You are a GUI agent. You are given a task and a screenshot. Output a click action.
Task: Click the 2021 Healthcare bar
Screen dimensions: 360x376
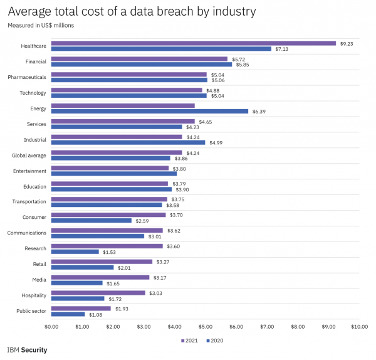[193, 43]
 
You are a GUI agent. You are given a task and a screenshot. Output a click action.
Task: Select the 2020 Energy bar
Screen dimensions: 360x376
[150, 111]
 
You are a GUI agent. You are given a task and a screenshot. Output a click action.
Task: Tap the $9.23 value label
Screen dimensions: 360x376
[347, 43]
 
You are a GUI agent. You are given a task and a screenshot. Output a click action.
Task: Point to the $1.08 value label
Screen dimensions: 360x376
[96, 314]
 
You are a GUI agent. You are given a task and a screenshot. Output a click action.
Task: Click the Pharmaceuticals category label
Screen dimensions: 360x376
[27, 77]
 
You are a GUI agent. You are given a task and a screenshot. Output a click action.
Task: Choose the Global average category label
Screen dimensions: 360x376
[29, 155]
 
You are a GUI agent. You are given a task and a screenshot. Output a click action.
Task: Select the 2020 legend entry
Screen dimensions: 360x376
[214, 341]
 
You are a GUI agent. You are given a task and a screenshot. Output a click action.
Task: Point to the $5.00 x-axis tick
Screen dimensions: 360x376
[206, 327]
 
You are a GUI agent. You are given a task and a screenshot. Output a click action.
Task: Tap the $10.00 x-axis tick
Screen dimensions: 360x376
[359, 327]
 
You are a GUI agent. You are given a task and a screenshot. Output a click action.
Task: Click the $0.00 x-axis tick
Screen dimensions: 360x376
[51, 327]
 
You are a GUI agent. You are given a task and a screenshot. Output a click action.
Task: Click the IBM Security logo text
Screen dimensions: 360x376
[27, 350]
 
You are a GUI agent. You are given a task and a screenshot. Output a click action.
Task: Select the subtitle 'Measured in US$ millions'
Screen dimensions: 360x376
[41, 25]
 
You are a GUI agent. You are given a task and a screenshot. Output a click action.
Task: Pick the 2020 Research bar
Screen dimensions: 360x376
[75, 252]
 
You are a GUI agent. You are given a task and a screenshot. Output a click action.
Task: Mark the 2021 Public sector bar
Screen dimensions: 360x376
[81, 309]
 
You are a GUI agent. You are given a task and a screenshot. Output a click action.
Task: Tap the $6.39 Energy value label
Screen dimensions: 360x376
[259, 111]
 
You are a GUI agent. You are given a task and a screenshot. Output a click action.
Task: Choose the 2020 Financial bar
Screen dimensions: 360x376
[141, 65]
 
